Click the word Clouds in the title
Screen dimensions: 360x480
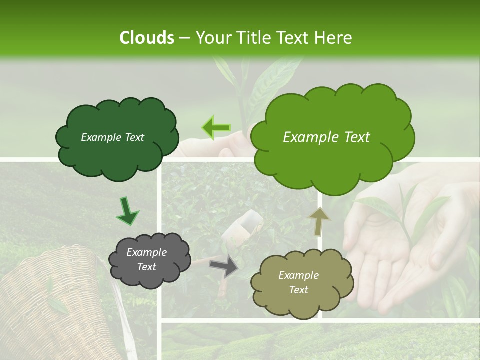point(147,38)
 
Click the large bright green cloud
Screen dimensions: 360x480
point(332,150)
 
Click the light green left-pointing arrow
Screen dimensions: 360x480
point(216,128)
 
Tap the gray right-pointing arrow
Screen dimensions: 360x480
point(224,266)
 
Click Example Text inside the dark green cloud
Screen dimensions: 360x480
point(112,137)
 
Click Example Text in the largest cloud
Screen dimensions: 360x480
point(326,137)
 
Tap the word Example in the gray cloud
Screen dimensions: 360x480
point(146,252)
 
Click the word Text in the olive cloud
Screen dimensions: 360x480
point(298,290)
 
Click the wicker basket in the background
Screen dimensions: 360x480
point(55,305)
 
